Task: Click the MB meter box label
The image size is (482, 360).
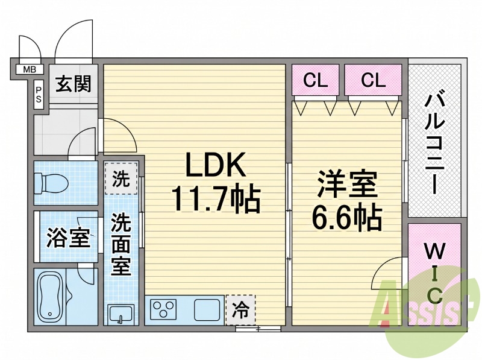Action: (30, 69)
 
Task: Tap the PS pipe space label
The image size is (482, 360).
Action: (39, 95)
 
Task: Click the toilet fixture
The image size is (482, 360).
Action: (51, 184)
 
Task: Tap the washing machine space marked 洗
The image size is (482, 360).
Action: (121, 178)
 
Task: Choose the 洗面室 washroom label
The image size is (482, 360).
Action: (121, 245)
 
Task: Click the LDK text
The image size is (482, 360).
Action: (216, 164)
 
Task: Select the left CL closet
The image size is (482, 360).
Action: (315, 80)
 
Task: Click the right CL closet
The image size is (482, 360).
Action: (373, 80)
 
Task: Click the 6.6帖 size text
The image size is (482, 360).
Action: (347, 218)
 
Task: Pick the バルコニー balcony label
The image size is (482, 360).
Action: (435, 144)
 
